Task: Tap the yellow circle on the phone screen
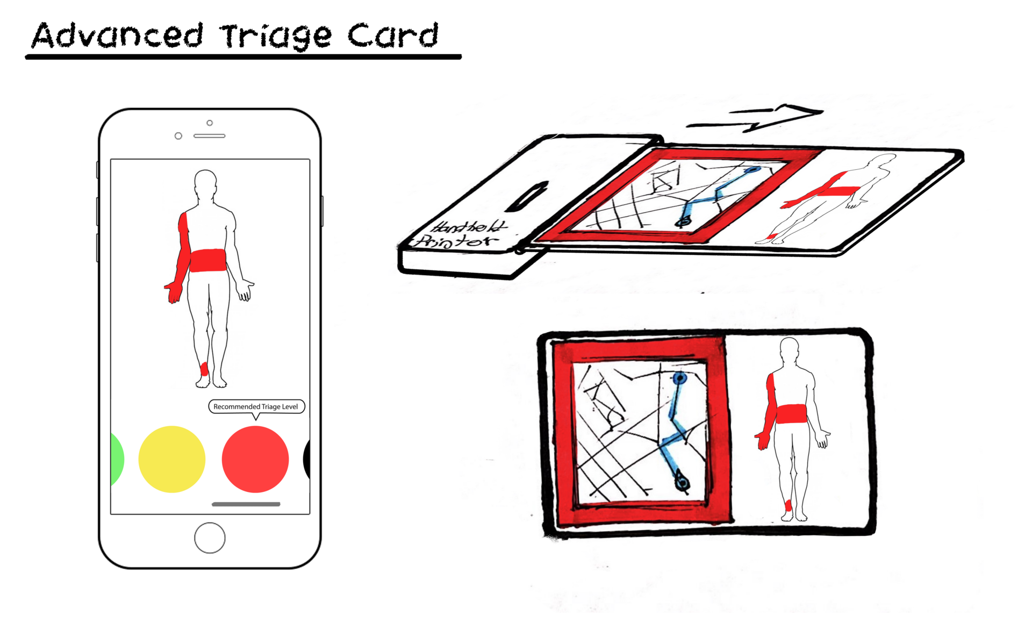click(171, 459)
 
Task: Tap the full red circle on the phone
click(255, 459)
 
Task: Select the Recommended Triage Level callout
click(256, 406)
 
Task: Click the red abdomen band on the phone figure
click(207, 260)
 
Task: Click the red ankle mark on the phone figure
click(204, 369)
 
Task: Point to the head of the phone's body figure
click(205, 182)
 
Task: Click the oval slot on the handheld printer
click(527, 196)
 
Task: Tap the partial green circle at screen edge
click(116, 459)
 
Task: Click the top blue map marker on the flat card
click(680, 378)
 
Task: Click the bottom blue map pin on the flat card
click(682, 481)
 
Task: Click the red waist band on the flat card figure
click(791, 414)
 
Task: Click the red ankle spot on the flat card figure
click(789, 505)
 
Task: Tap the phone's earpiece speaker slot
click(209, 136)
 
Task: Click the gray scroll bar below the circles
click(246, 504)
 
